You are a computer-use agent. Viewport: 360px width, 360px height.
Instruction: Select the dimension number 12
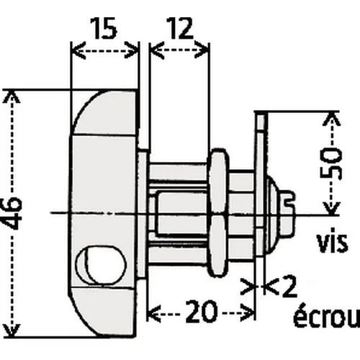click(179, 30)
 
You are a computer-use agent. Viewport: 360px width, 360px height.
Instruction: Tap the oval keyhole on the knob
click(99, 264)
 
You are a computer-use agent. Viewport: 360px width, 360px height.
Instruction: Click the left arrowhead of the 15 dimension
click(74, 51)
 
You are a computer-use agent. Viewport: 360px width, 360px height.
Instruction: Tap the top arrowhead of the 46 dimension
click(9, 94)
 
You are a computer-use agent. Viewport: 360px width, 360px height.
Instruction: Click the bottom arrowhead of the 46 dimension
click(9, 332)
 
